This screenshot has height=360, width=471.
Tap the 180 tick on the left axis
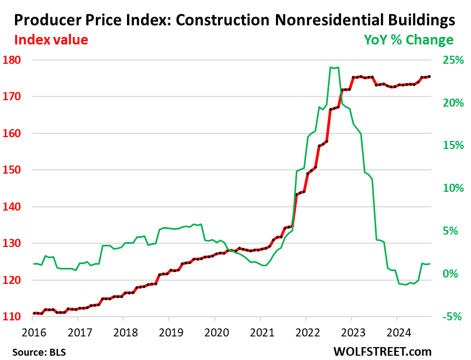pos(12,60)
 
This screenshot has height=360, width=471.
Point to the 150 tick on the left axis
pos(12,170)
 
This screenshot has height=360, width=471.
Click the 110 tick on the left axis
pos(12,317)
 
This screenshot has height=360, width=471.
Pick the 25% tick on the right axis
pos(453,60)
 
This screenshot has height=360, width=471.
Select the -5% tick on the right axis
pos(453,317)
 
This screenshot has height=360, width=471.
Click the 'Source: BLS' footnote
pos(35,351)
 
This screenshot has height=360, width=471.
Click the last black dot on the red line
pos(430,77)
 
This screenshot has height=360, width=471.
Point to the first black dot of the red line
pos(33,313)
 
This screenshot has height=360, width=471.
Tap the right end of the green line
pos(430,264)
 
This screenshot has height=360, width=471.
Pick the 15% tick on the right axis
pos(453,146)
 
